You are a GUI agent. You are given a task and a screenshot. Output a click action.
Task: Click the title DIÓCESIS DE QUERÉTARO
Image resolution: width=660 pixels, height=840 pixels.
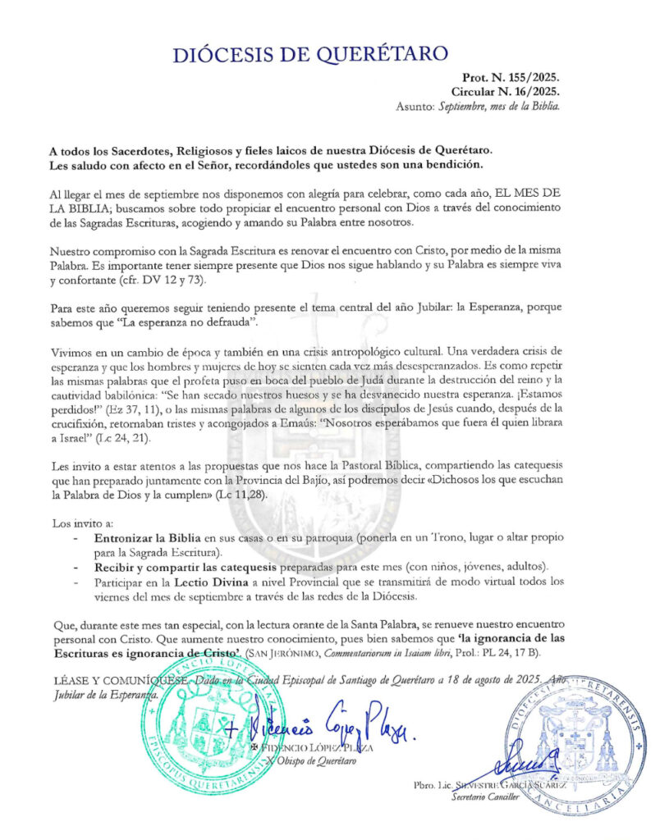click(310, 54)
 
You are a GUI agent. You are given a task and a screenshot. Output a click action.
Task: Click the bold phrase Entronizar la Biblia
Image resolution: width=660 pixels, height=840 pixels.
click(142, 540)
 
